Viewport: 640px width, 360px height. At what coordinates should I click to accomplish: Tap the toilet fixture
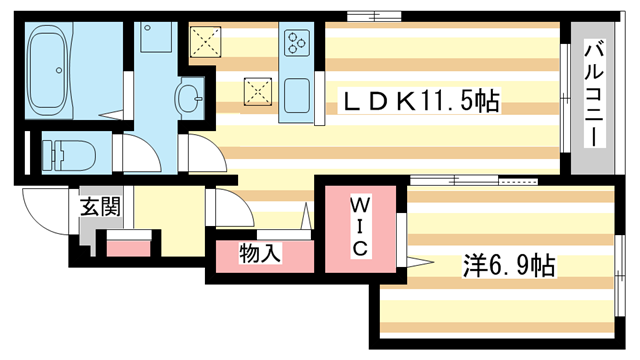pyautogui.click(x=67, y=156)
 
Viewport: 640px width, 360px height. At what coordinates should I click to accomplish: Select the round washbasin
pyautogui.click(x=189, y=98)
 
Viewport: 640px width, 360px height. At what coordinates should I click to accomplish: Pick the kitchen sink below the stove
pyautogui.click(x=298, y=95)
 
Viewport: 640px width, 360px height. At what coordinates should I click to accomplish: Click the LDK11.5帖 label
pyautogui.click(x=421, y=101)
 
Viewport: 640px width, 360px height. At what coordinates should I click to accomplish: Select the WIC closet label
pyautogui.click(x=360, y=225)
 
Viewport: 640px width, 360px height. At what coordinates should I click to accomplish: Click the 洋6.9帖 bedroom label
pyautogui.click(x=509, y=266)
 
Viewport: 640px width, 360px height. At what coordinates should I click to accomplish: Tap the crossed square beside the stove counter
pyautogui.click(x=258, y=92)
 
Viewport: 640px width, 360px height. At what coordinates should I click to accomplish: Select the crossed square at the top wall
pyautogui.click(x=206, y=42)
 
